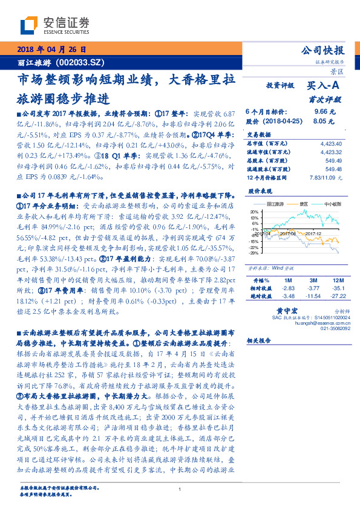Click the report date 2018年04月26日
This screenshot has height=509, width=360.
coord(52,49)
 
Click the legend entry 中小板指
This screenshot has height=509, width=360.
coord(333,204)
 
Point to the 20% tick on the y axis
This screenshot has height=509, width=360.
coord(253,212)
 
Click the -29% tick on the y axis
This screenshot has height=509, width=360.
coord(252,253)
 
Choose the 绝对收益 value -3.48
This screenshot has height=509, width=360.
coord(287,296)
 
